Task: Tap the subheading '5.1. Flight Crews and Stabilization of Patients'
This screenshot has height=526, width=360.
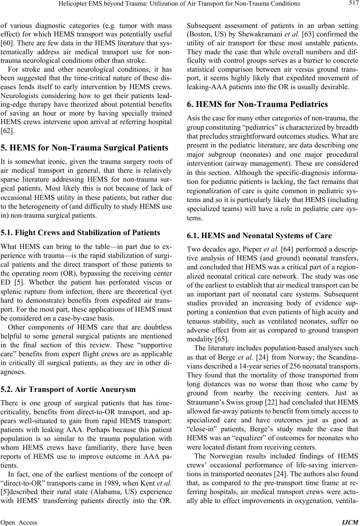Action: point(81,233)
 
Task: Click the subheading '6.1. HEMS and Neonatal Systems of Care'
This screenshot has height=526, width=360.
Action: point(254,235)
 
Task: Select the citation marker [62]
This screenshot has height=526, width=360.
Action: point(7,130)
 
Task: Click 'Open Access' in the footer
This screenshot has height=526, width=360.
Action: point(19,522)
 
